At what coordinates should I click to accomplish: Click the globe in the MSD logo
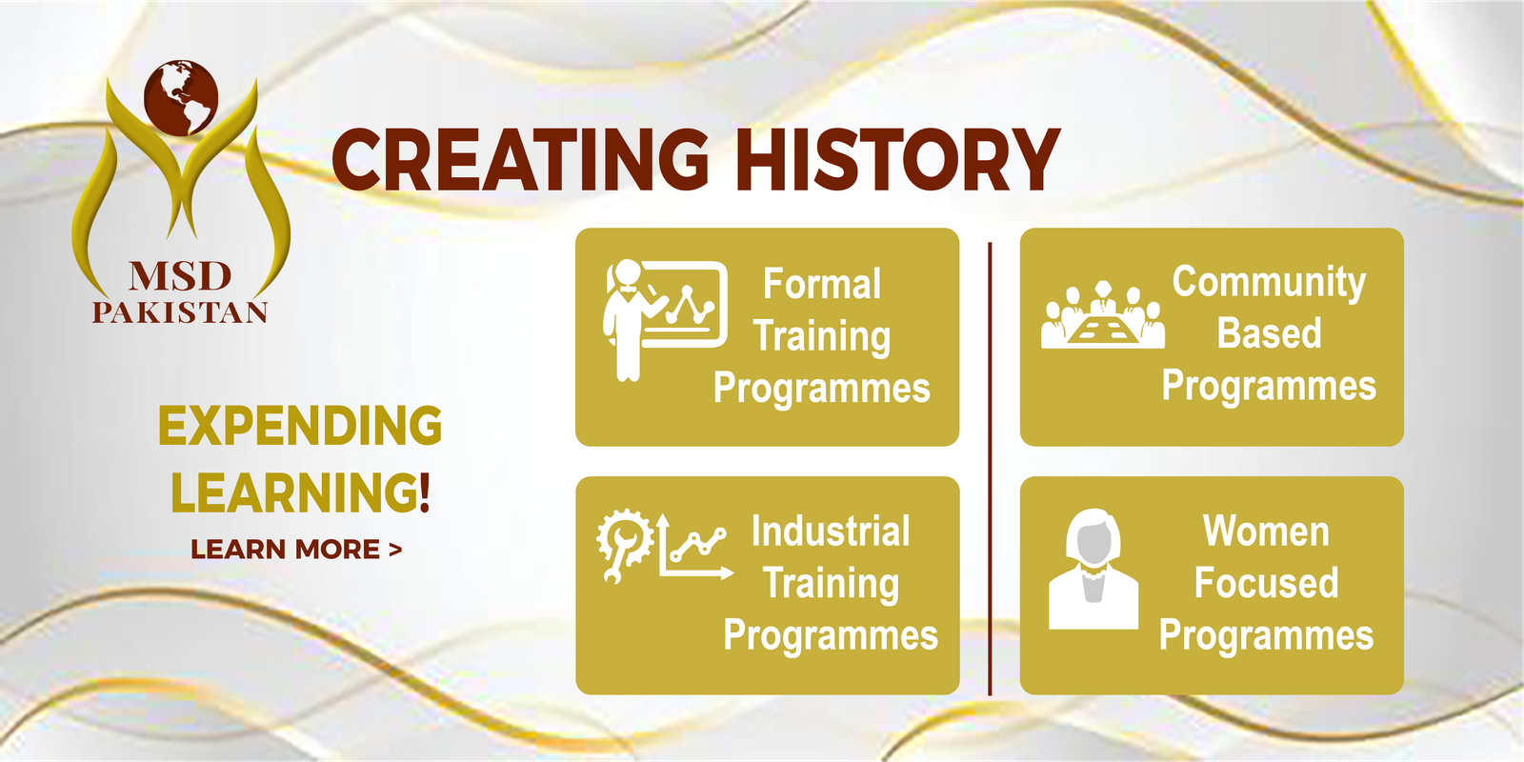coord(181,98)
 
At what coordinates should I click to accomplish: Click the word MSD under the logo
coord(180,276)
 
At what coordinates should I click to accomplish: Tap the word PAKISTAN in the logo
coord(180,312)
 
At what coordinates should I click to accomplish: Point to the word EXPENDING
coord(300,426)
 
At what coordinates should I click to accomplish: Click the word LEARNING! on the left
coord(300,491)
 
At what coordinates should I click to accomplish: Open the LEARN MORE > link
coord(296,549)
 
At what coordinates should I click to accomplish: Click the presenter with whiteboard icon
coord(665,320)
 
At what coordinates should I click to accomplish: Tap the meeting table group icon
coord(1103,315)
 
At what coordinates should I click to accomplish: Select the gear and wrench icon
coord(625,546)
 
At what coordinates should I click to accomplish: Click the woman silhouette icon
coord(1093,569)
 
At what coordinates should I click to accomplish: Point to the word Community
coord(1269,282)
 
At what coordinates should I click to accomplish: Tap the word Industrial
coord(831,531)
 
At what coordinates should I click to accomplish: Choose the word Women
coord(1266,531)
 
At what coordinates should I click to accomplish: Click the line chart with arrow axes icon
coord(694,547)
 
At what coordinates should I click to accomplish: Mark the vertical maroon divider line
coord(990,469)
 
